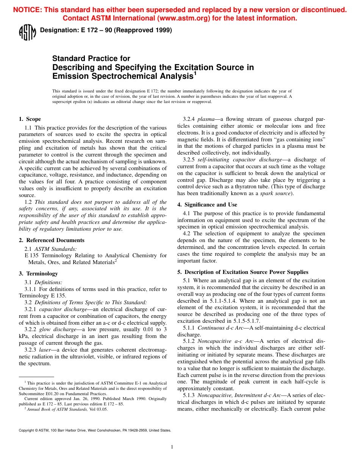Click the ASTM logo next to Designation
27,32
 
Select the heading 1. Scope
30,119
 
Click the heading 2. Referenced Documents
52,240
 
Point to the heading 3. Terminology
38,274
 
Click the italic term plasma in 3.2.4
206,119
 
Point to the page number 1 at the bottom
172,447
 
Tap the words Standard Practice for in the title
91,58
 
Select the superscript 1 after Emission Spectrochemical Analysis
195,73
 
